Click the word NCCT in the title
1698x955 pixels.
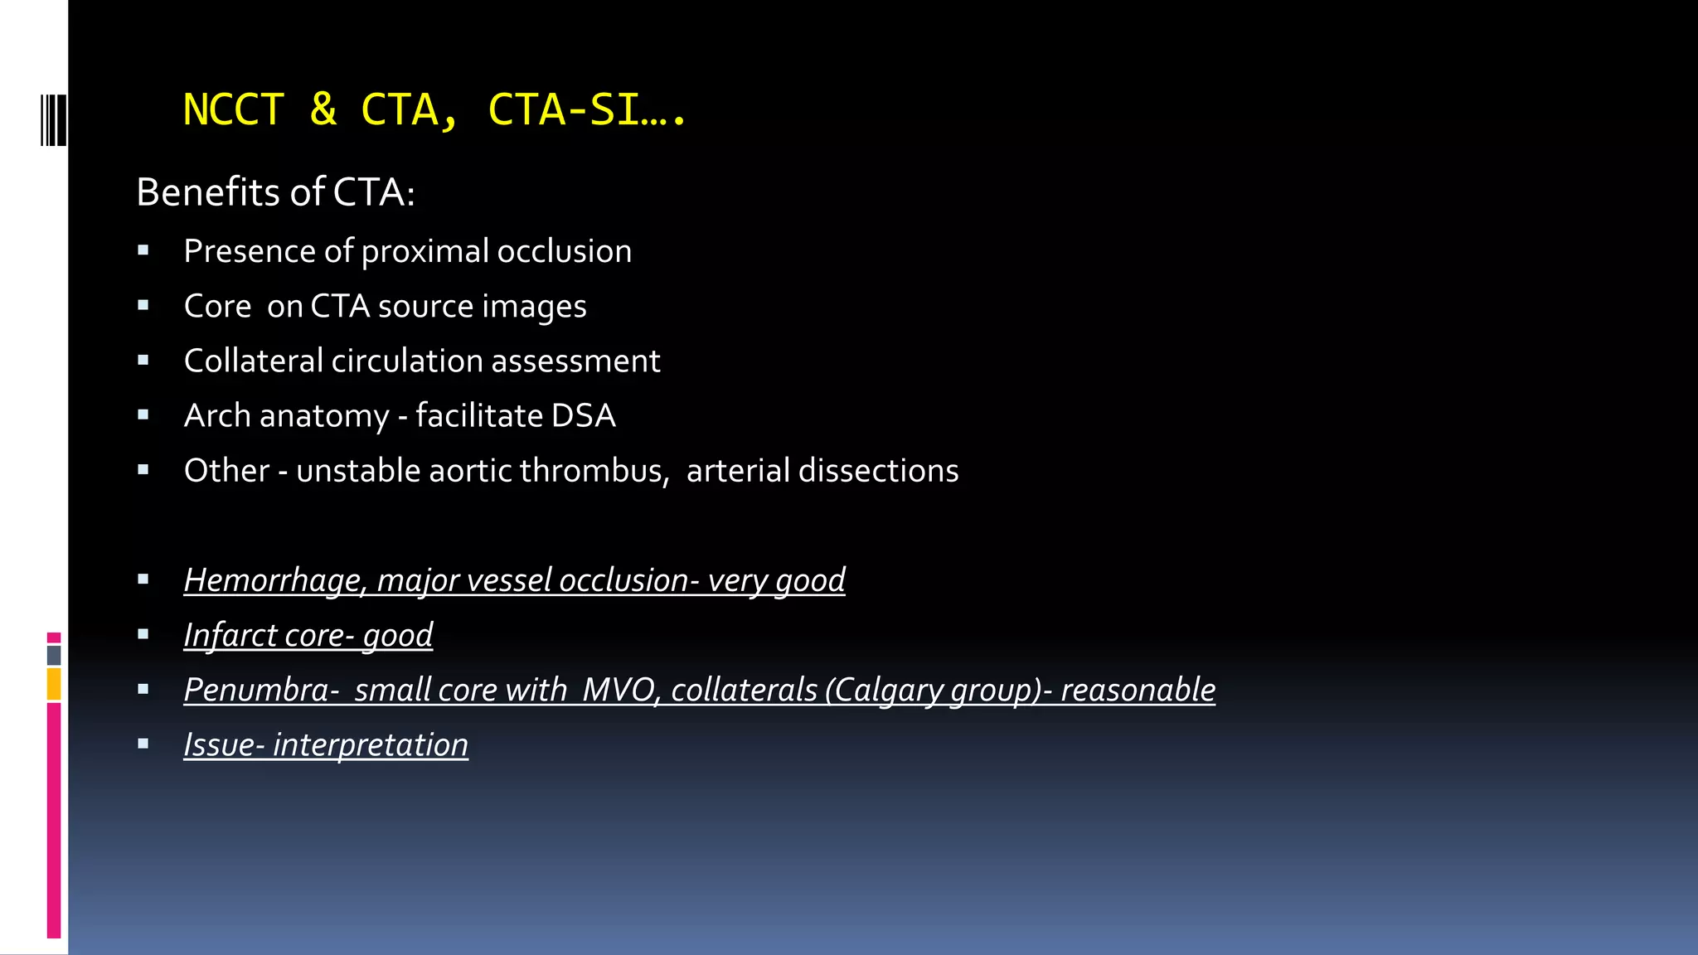(x=233, y=110)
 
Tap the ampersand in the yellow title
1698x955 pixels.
(x=323, y=110)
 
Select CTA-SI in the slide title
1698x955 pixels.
(x=564, y=110)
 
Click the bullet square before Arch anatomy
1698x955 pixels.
(x=143, y=415)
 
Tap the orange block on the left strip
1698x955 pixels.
(x=54, y=685)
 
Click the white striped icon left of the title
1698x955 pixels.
(x=53, y=121)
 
